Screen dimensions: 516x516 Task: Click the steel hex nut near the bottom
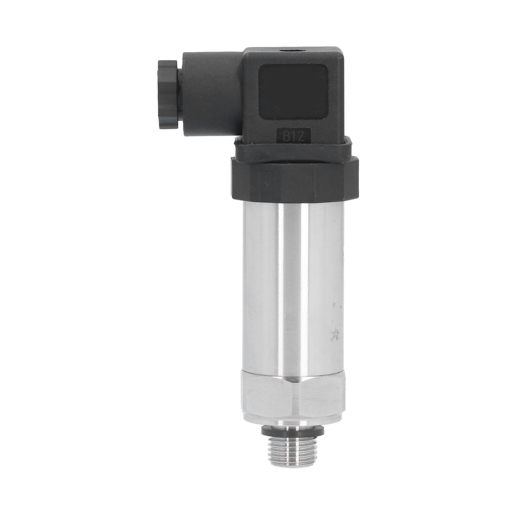click(x=293, y=398)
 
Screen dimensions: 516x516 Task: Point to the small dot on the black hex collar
click(x=265, y=184)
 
